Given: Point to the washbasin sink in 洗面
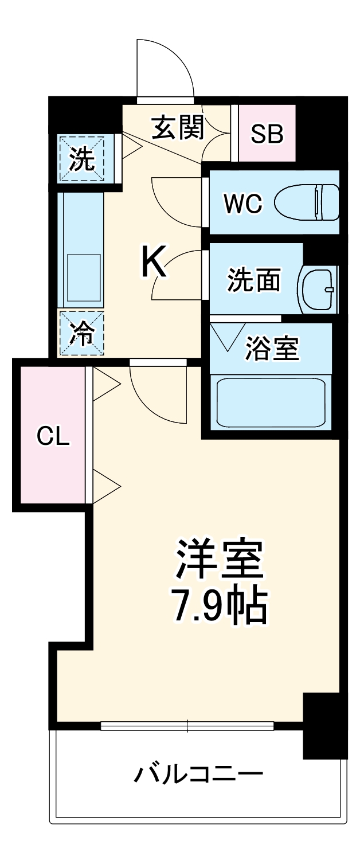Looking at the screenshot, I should (317, 286).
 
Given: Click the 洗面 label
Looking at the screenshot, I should (254, 280).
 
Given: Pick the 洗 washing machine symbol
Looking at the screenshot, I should (81, 159).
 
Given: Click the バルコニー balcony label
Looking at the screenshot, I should (198, 775).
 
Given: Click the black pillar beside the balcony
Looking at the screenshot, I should (324, 725).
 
